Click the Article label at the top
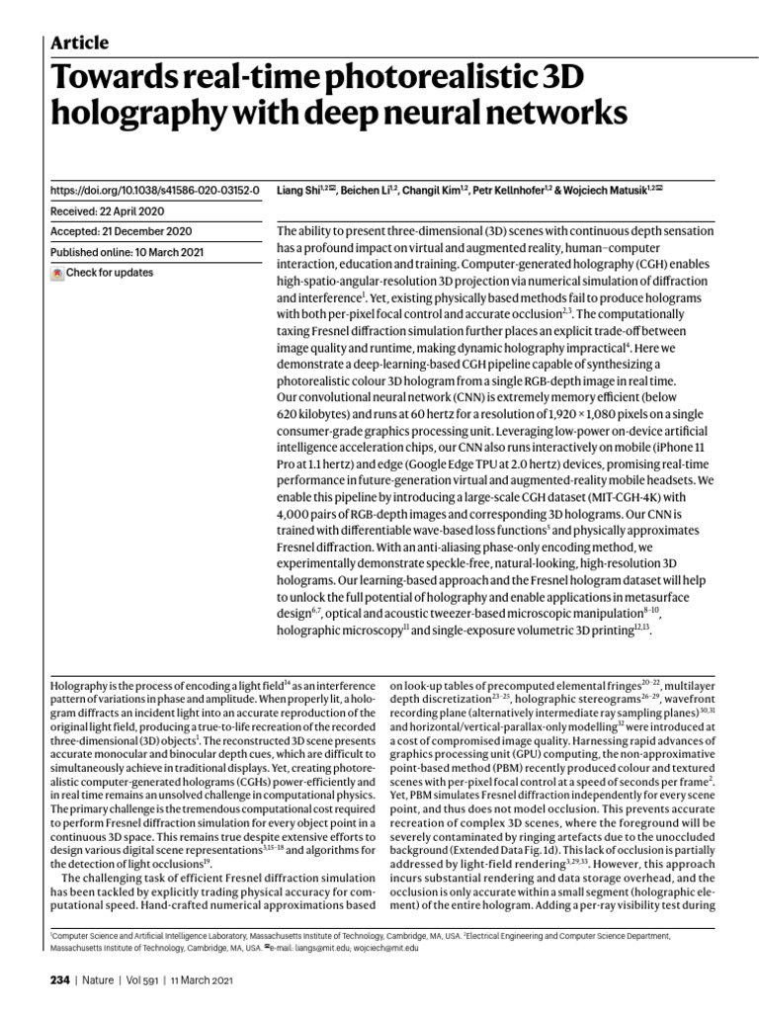point(79,42)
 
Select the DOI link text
point(154,189)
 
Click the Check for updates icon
point(57,273)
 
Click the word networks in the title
point(550,115)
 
